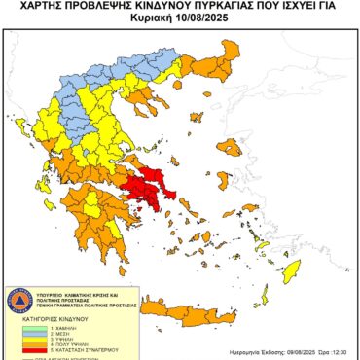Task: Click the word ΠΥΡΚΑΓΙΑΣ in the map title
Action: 211,6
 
